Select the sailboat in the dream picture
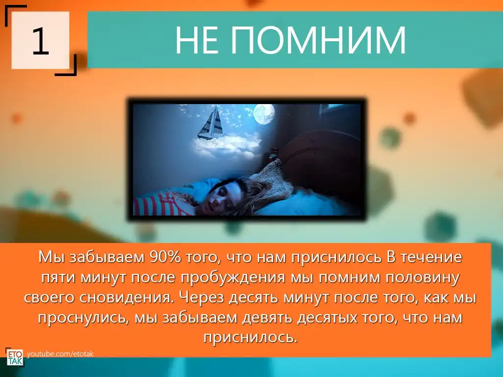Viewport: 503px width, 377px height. tap(211, 123)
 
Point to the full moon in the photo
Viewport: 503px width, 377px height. tap(264, 114)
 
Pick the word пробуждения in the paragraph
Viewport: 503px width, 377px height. tap(233, 278)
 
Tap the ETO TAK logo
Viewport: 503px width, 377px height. tap(15, 357)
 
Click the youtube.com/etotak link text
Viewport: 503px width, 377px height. tap(60, 354)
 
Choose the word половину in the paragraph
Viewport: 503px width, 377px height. tap(422, 278)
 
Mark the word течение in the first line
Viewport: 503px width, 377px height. tap(431, 257)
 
